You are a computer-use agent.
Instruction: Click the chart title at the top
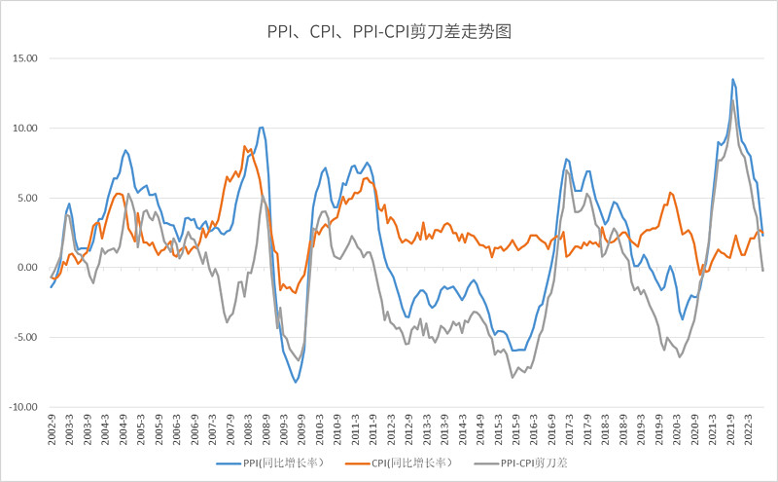point(389,31)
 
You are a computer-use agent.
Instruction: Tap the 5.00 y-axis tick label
point(24,198)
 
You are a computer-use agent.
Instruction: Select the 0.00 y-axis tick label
point(24,268)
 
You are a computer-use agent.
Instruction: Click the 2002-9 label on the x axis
point(51,428)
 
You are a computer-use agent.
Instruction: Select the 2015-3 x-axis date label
point(498,428)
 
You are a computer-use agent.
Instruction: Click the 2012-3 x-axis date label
point(391,428)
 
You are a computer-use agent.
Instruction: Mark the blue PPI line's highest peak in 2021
point(732,79)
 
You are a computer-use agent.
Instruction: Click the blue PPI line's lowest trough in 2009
point(297,383)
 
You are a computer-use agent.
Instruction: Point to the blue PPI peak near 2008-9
point(261,127)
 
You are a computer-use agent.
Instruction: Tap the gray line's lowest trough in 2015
point(513,378)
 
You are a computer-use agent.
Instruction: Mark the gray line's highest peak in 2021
point(732,100)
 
